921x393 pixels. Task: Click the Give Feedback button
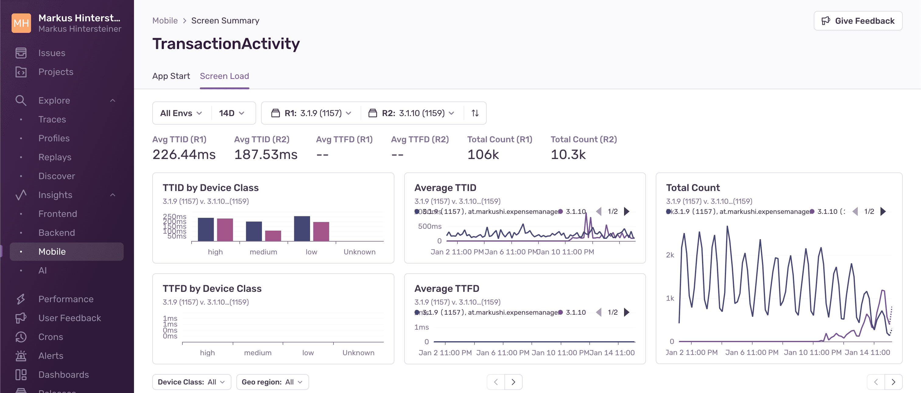(858, 21)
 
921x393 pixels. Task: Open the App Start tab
(171, 76)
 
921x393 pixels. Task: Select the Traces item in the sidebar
(52, 119)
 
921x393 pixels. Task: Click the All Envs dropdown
(181, 113)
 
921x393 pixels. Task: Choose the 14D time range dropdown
(231, 113)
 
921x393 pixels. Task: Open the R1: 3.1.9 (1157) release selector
(311, 113)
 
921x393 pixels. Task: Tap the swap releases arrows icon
(475, 113)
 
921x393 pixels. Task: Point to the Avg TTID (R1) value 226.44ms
(184, 154)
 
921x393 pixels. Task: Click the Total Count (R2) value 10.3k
(568, 154)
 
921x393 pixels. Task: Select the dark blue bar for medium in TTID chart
(254, 231)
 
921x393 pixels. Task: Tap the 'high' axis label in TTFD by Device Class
(207, 352)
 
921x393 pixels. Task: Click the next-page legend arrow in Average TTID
(627, 211)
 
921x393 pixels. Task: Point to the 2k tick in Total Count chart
(670, 255)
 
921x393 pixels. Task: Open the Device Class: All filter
(192, 382)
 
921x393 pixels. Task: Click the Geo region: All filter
(272, 382)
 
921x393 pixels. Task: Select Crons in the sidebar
(51, 337)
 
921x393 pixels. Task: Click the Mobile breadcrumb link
(165, 21)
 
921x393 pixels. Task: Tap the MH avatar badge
(21, 23)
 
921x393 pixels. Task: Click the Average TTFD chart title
(446, 289)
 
